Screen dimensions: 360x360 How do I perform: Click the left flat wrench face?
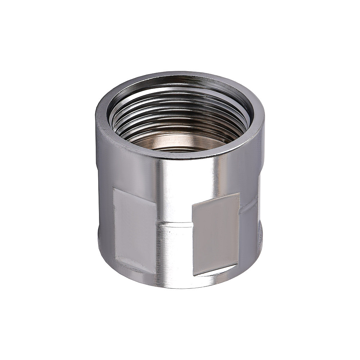pos(134,230)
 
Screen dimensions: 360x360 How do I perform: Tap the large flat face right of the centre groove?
pos(215,234)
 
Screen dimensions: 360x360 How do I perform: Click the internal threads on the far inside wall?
pos(180,108)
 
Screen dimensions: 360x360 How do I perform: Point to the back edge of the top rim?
pos(180,74)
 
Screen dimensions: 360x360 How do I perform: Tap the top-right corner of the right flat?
pos(239,193)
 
